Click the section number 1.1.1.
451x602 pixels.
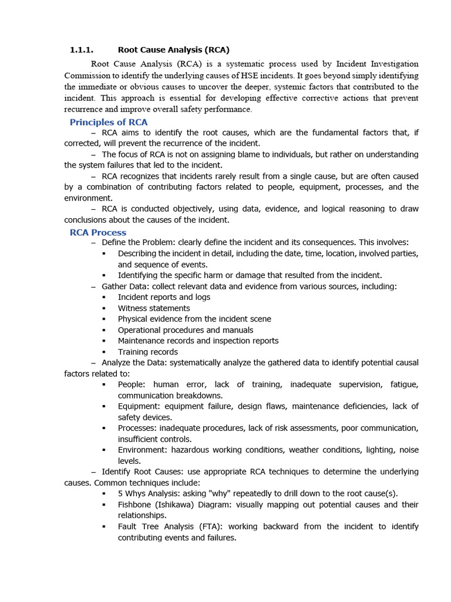point(82,50)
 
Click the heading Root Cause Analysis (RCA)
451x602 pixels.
point(173,50)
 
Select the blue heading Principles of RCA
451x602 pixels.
point(109,122)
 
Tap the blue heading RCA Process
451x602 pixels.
point(98,232)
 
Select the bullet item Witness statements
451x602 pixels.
point(154,308)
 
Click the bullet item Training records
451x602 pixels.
point(147,352)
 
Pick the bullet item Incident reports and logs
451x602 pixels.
point(164,297)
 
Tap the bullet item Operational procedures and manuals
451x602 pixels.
point(186,330)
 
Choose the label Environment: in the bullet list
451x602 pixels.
point(143,450)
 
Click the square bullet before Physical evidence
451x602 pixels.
point(103,319)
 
